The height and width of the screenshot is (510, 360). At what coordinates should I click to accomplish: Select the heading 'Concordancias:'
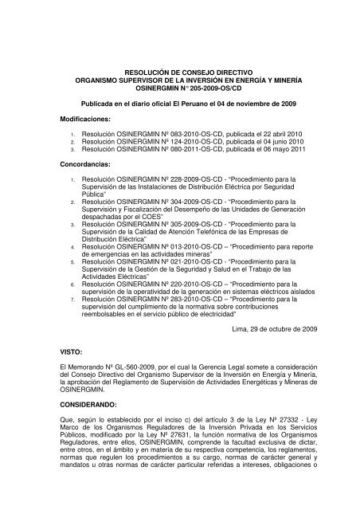pyautogui.click(x=78, y=168)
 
